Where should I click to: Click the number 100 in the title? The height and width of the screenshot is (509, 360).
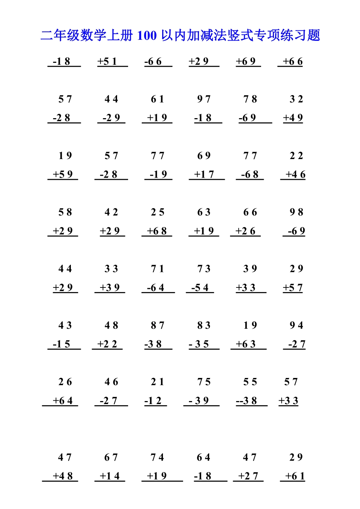pyautogui.click(x=147, y=36)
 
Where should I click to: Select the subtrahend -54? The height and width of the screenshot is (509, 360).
pyautogui.click(x=200, y=288)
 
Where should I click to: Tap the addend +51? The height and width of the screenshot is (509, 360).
pyautogui.click(x=107, y=61)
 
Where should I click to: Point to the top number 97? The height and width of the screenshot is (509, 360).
pyautogui.click(x=204, y=99)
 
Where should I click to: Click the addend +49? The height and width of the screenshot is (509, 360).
pyautogui.click(x=293, y=118)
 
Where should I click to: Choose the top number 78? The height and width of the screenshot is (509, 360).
pyautogui.click(x=250, y=99)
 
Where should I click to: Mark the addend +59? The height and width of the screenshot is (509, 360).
pyautogui.click(x=63, y=175)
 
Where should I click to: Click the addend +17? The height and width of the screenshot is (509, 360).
pyautogui.click(x=204, y=175)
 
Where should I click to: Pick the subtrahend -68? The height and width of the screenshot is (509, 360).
pyautogui.click(x=250, y=175)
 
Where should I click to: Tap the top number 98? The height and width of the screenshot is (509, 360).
pyautogui.click(x=296, y=212)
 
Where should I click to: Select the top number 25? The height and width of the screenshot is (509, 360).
pyautogui.click(x=158, y=212)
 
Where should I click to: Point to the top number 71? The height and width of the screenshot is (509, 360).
pyautogui.click(x=158, y=269)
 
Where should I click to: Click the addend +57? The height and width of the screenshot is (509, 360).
pyautogui.click(x=293, y=288)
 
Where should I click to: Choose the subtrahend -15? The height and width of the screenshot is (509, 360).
pyautogui.click(x=62, y=344)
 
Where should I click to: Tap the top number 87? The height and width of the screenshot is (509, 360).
pyautogui.click(x=158, y=325)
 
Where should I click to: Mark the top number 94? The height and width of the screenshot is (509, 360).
pyautogui.click(x=296, y=325)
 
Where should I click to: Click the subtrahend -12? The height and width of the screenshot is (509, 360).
pyautogui.click(x=153, y=401)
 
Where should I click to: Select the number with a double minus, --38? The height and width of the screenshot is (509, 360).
pyautogui.click(x=247, y=401)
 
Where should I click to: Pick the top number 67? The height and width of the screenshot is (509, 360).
pyautogui.click(x=111, y=457)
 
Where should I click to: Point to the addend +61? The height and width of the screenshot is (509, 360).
pyautogui.click(x=295, y=476)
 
